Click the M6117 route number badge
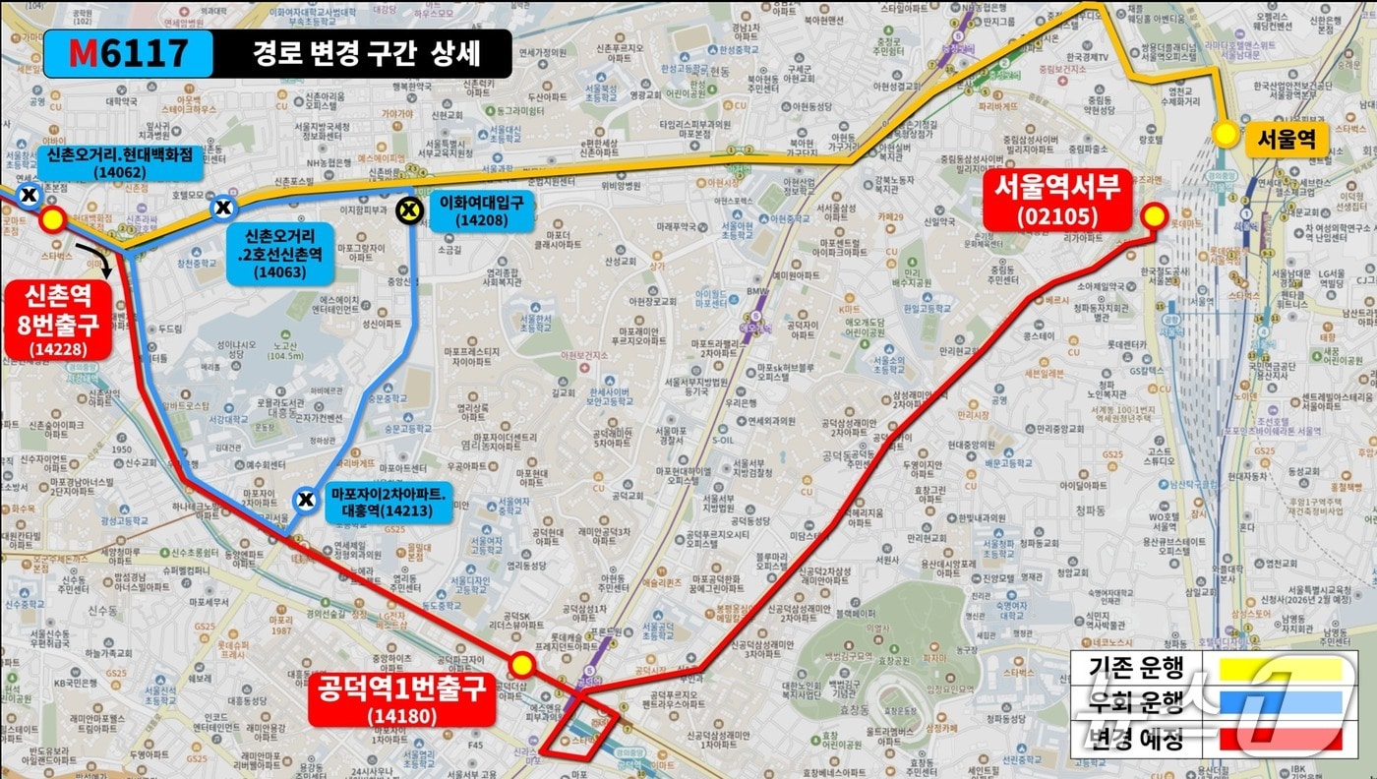pyautogui.click(x=128, y=53)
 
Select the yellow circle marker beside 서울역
pyautogui.click(x=1227, y=134)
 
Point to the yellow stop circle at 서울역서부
pyautogui.click(x=1153, y=216)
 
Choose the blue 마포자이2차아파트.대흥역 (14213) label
pyautogui.click(x=389, y=505)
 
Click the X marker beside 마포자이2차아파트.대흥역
pyautogui.click(x=307, y=501)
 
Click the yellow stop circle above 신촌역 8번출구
pyautogui.click(x=52, y=220)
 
